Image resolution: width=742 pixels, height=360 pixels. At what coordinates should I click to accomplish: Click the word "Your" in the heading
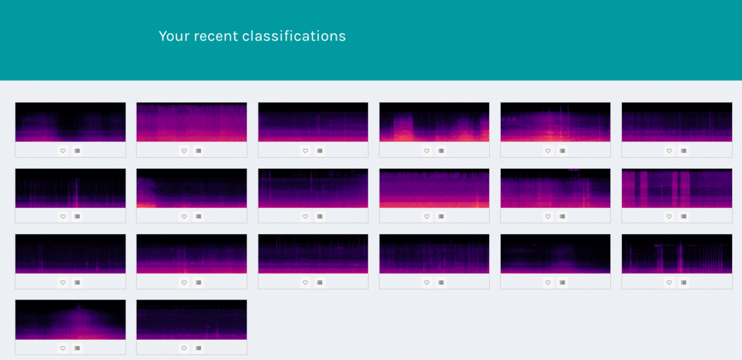[x=174, y=36]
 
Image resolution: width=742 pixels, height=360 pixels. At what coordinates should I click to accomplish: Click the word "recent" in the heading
[x=216, y=36]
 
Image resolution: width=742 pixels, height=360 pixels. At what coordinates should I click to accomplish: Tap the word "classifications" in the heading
[x=294, y=36]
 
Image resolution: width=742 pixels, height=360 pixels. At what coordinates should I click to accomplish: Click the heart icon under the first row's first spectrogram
[x=63, y=151]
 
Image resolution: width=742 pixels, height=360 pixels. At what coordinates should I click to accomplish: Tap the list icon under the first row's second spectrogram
[x=198, y=151]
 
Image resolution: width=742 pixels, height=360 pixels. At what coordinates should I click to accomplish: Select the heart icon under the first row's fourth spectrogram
[x=427, y=151]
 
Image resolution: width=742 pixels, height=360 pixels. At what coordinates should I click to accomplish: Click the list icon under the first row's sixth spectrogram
[x=683, y=151]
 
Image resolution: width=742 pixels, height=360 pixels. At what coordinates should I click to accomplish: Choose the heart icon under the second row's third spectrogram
[x=305, y=217]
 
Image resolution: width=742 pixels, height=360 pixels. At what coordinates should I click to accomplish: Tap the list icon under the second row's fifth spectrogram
[x=562, y=217]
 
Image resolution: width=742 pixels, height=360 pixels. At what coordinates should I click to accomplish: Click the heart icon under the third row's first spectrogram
[x=63, y=282]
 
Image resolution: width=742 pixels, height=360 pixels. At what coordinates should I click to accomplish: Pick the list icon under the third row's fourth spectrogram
[x=441, y=282]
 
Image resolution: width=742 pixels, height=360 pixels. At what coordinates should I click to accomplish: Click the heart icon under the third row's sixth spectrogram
[x=669, y=282]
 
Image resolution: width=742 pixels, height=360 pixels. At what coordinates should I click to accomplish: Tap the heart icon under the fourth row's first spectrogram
[x=63, y=348]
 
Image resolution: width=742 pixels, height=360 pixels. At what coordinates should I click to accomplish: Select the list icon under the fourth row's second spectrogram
[x=198, y=348]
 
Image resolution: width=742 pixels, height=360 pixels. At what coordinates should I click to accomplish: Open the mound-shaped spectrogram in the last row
[x=71, y=319]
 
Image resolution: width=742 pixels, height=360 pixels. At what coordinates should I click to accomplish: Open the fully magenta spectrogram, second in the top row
[x=192, y=122]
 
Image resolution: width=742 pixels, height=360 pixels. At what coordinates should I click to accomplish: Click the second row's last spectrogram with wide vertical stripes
[x=677, y=188]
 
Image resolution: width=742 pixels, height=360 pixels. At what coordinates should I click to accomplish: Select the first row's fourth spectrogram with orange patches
[x=434, y=122]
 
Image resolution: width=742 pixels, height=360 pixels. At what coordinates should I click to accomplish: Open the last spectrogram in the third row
[x=677, y=254]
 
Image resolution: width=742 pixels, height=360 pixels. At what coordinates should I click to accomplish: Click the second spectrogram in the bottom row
[x=192, y=319]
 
